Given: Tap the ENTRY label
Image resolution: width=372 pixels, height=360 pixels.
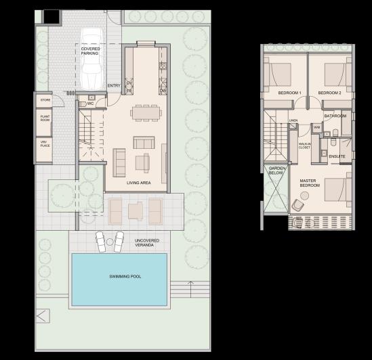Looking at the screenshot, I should coord(114,86).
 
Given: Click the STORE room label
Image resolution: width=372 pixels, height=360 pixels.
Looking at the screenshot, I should coord(46,102).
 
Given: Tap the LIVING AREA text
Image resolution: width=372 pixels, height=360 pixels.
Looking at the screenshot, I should coord(138,183).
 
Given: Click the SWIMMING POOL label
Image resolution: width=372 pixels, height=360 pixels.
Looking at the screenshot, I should coord(120,277).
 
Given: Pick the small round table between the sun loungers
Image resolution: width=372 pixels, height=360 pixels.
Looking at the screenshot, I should coord(111,241).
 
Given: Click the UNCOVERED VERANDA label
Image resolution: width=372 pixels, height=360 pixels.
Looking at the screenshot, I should coord(147,243).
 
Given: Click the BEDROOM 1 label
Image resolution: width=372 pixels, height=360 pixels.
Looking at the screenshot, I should coord(290,92).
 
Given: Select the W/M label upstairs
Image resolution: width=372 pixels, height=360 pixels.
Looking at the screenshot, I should coord(316,127).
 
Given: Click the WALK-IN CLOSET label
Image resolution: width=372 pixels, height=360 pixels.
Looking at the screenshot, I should coord(304,145).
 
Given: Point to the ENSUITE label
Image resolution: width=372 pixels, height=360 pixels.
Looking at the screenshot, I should coord(337,156).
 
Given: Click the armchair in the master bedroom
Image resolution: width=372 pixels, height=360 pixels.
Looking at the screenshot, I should coord(298,205).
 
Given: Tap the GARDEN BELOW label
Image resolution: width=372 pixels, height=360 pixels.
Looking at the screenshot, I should coord(277,171).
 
